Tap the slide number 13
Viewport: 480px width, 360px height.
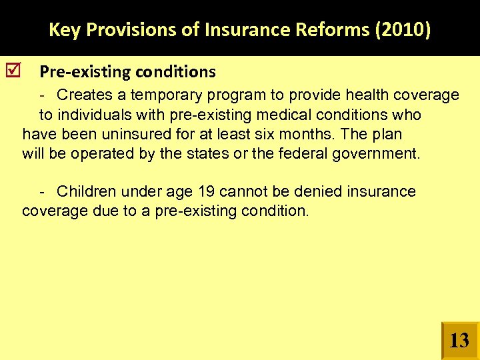[x=459, y=341]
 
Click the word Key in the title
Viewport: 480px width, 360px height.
[x=63, y=30]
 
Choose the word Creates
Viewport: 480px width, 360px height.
[x=83, y=95]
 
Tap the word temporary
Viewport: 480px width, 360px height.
[x=157, y=95]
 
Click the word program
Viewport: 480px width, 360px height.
[x=225, y=95]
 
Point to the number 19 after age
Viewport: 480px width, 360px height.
[x=205, y=192]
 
